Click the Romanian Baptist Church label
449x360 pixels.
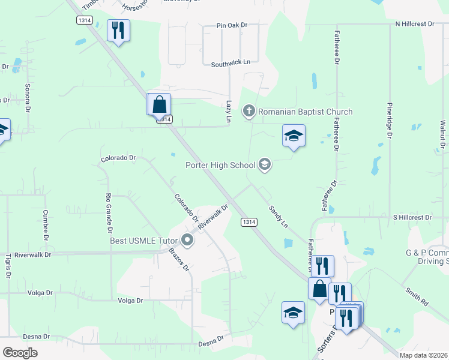(305, 112)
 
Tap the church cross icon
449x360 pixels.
(249, 111)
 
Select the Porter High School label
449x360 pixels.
(220, 165)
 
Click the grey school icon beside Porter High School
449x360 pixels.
(265, 165)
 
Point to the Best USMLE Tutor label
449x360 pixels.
(144, 241)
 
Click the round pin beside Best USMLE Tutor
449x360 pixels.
(187, 241)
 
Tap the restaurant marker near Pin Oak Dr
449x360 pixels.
(118, 30)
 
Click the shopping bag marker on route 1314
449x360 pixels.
(160, 104)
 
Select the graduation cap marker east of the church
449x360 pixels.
(294, 136)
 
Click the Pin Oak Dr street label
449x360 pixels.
(232, 26)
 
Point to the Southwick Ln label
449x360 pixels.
(226, 62)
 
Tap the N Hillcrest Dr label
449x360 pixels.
(414, 23)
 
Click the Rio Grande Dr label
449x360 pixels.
(109, 212)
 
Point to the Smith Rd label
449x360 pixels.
(416, 296)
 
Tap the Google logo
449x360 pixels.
(20, 353)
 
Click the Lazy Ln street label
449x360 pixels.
(228, 112)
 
